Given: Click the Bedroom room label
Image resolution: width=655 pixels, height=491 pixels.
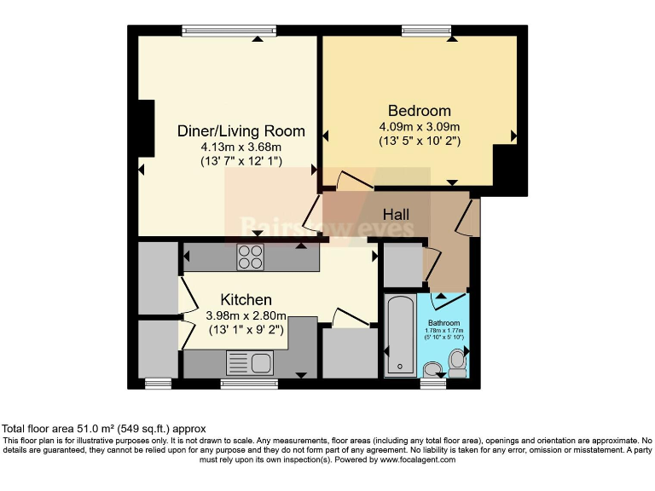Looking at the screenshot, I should (x=419, y=111).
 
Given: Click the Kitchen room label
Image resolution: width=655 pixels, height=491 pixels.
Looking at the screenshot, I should (x=246, y=299).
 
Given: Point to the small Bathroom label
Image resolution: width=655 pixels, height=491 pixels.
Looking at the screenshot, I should (x=444, y=323).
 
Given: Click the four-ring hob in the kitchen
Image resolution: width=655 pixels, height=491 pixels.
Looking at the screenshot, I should (x=250, y=257).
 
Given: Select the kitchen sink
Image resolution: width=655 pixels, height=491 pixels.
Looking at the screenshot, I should (x=249, y=364).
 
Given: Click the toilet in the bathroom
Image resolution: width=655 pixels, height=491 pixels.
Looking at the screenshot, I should (x=458, y=361).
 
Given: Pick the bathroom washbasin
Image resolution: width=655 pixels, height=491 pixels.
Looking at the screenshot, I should (x=433, y=369).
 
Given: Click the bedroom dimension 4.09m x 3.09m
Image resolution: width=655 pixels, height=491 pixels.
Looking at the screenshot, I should (x=419, y=127).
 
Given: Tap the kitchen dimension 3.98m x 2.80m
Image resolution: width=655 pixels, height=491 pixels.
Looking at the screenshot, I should (x=245, y=315).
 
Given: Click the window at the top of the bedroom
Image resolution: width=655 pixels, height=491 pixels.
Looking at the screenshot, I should (x=427, y=31).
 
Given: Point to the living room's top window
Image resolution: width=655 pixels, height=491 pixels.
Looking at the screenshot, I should (x=229, y=31).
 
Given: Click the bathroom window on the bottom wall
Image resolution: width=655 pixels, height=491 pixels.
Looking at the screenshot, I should (x=433, y=384).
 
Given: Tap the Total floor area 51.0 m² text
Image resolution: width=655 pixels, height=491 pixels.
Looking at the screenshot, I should (x=102, y=429).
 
